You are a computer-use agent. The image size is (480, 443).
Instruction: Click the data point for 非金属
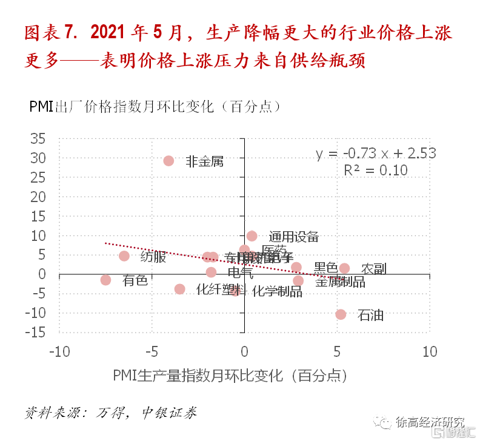pos(168,161)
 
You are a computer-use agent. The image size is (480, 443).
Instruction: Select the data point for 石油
pos(341,314)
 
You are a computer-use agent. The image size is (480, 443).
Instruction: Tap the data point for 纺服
pos(124,256)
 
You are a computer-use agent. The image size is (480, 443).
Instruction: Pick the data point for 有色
pos(105,280)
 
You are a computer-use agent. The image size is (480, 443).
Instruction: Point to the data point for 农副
pos(344,268)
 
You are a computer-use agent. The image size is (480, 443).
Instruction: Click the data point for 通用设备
pos(252,236)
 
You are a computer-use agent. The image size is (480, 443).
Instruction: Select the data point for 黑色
pos(296,267)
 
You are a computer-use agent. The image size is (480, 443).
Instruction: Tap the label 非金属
pos(204,161)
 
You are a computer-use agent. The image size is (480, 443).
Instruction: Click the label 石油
pos(370,316)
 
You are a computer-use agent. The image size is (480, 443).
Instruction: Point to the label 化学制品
pos(277,291)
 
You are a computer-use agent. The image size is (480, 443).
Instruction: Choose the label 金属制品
pos(340,282)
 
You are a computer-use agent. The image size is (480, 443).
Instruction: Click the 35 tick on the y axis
pos(38,139)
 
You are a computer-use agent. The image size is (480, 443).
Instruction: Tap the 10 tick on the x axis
pos(429,352)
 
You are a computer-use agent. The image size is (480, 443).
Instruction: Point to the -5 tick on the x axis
pos(152,352)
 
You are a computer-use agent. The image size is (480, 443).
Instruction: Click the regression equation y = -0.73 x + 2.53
pos(376,154)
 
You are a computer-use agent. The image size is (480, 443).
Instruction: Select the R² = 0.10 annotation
pos(376,170)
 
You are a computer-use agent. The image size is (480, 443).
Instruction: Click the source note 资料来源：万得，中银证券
pos(111,413)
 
